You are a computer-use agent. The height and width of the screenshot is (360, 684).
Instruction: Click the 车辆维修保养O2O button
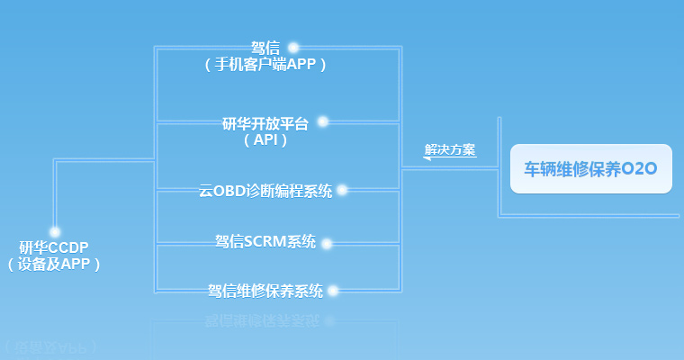point(591,168)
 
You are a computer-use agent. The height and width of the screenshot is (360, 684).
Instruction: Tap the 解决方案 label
point(450,149)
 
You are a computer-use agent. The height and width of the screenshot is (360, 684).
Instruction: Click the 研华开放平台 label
point(265,123)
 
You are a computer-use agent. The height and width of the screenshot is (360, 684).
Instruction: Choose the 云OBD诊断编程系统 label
point(265,191)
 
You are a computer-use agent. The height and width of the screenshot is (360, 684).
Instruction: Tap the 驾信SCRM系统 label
point(265,242)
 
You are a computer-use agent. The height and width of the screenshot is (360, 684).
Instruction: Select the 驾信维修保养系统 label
point(265,290)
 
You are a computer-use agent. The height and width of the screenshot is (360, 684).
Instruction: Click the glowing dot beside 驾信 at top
point(292,48)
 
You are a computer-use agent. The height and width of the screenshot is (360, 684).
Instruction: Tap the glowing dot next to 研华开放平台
point(322,121)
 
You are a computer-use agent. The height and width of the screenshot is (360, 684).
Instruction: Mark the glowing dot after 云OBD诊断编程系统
point(341,190)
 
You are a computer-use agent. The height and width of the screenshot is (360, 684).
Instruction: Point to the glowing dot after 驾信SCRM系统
point(326,243)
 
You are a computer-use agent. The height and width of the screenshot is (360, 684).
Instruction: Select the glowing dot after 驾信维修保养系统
point(332,290)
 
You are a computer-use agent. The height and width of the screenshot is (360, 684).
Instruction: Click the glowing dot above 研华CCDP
point(54,231)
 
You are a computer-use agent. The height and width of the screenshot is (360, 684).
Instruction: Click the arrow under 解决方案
point(449,159)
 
